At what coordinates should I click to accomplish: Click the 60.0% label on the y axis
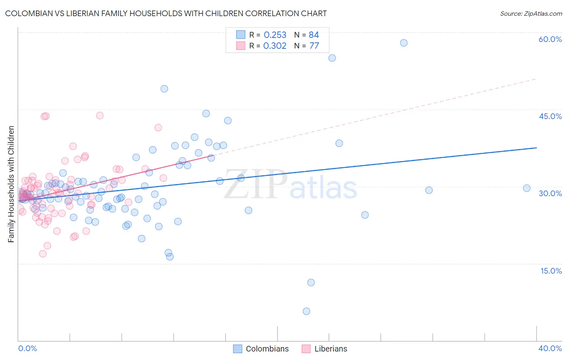(550, 39)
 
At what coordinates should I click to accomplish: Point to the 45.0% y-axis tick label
(550, 116)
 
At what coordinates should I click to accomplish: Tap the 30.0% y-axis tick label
(550, 193)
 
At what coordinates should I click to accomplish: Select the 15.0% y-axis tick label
(551, 271)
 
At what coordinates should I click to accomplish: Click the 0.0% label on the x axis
(27, 348)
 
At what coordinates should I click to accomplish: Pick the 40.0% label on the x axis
(550, 348)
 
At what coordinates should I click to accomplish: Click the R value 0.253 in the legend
(275, 35)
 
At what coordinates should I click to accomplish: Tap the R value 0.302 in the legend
(275, 46)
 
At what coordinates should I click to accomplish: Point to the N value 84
(314, 35)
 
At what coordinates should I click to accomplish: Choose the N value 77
(314, 46)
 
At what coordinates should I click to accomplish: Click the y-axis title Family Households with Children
(11, 184)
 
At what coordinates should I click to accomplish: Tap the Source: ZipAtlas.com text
(531, 13)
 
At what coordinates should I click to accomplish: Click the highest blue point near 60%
(404, 43)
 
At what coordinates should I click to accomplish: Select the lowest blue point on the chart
(306, 311)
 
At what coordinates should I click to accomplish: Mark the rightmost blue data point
(527, 188)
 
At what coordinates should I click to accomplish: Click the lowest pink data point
(43, 254)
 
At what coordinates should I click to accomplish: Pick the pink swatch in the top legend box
(241, 46)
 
